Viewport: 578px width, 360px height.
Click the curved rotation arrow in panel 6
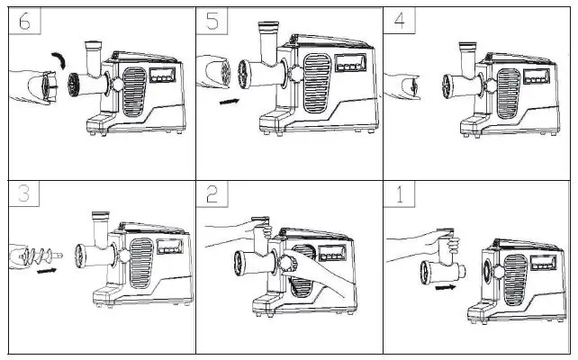point(59,59)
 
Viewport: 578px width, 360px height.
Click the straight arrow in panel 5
point(230,102)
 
